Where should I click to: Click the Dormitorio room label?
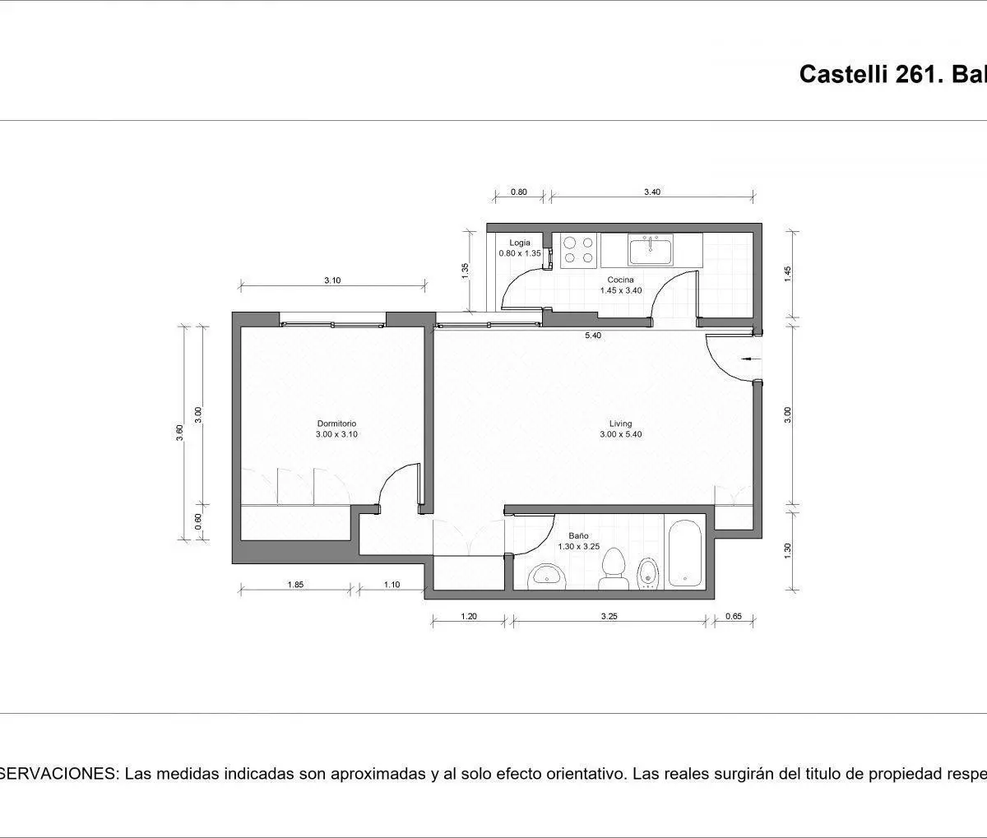pos(336,424)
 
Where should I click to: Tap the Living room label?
pos(620,424)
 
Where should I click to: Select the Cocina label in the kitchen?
pos(620,280)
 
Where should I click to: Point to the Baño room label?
pos(578,535)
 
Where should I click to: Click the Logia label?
pos(520,243)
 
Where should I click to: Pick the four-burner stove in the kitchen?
pos(578,251)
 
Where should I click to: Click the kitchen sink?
pos(651,250)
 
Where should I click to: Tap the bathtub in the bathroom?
pos(685,553)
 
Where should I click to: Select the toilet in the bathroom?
pos(614,569)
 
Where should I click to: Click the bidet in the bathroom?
pos(648,573)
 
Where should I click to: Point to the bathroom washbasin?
pos(547,576)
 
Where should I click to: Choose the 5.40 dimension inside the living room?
pos(593,336)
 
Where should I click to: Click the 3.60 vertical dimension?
pos(179,433)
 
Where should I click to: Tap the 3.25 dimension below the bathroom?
pos(609,617)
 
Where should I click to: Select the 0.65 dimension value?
pos(734,617)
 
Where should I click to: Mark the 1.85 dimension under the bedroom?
pos(295,585)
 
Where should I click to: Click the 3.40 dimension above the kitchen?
pos(652,192)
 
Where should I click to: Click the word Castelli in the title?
pos(843,75)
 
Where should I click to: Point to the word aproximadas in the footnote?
pos(378,774)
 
